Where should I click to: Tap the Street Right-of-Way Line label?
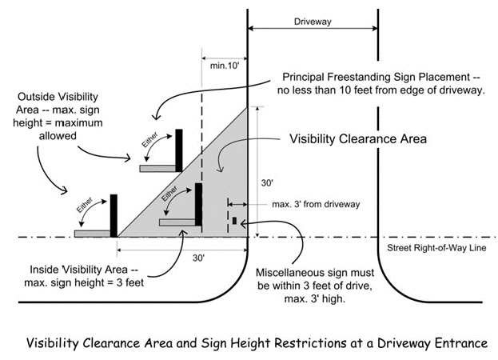coord(436,248)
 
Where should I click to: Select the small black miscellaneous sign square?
coord(234,220)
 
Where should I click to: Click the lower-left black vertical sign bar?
coord(114,214)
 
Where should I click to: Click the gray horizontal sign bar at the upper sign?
coord(157,169)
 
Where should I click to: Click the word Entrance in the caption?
coord(456,342)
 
